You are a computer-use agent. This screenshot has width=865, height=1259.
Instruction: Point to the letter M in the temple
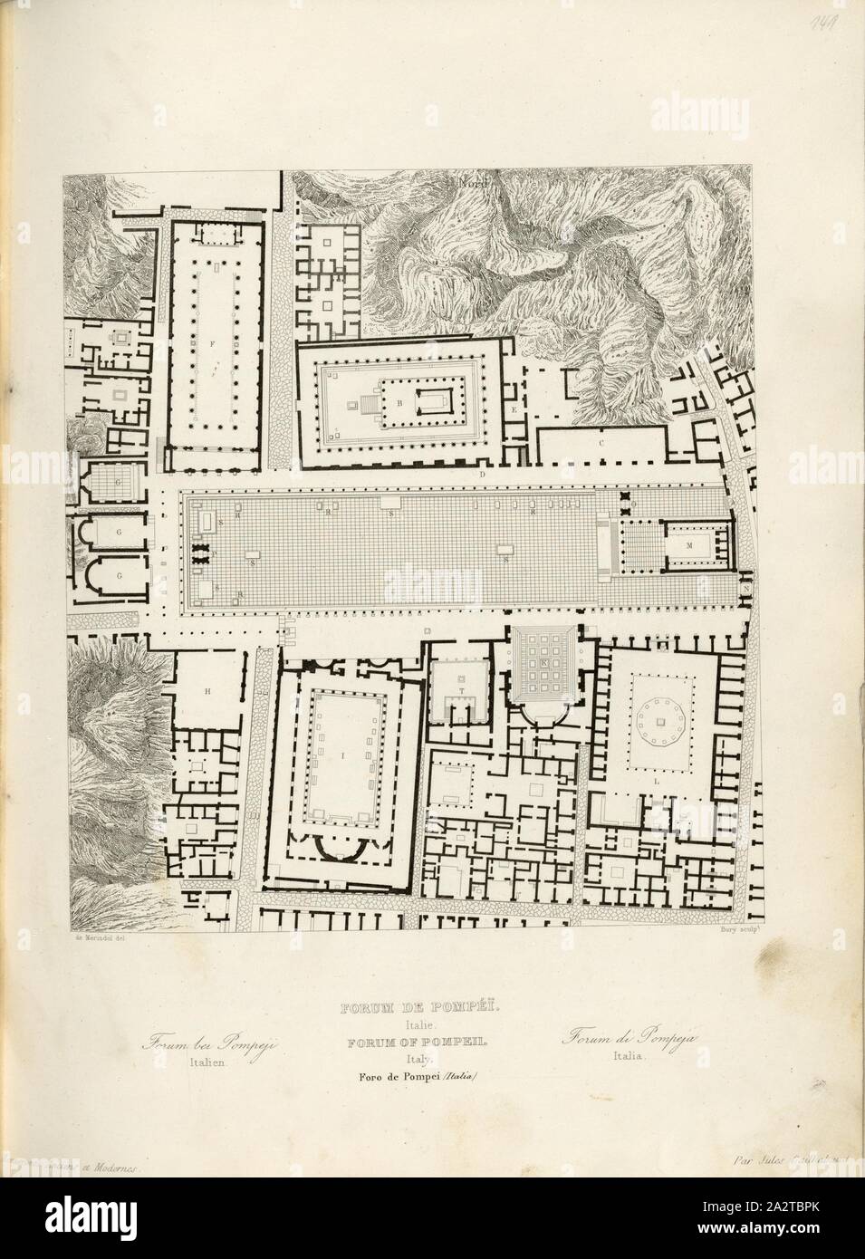(x=690, y=545)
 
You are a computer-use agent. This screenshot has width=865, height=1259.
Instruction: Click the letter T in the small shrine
(x=461, y=690)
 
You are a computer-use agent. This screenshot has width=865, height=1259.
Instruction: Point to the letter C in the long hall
(x=601, y=443)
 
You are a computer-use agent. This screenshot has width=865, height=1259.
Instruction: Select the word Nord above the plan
(x=473, y=184)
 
